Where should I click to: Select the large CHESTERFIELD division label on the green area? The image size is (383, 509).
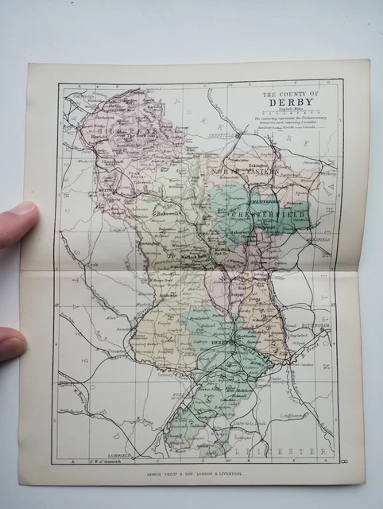269,214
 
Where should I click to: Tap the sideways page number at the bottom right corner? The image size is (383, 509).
343,460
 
